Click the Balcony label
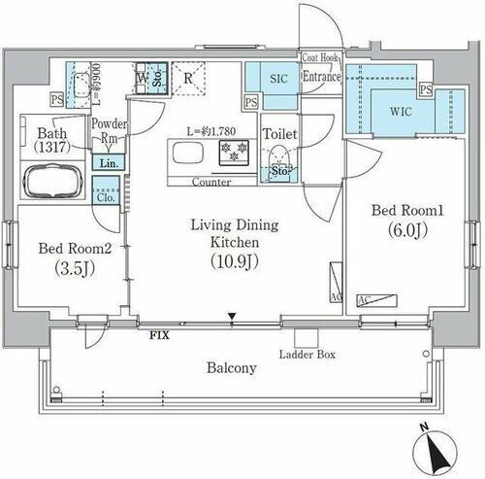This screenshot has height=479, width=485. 231,368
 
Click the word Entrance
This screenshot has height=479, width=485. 321,76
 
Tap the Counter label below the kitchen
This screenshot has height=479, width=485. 210,182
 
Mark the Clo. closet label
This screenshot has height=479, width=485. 105,196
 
